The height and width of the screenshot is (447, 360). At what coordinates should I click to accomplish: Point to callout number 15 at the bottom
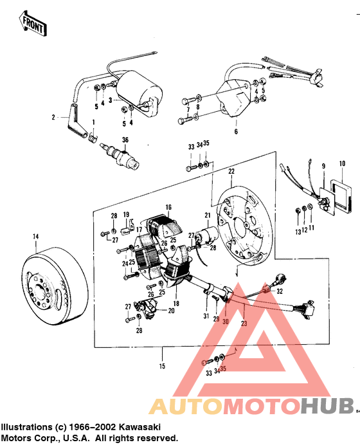(162, 366)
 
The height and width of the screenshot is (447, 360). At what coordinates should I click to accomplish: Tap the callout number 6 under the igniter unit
(235, 132)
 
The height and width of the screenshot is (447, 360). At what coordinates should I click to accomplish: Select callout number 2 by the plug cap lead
(55, 118)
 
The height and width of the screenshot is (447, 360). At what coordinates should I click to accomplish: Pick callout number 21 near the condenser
(208, 215)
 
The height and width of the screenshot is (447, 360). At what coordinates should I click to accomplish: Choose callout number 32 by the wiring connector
(279, 291)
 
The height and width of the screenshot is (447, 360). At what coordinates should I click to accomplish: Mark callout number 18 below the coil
(176, 302)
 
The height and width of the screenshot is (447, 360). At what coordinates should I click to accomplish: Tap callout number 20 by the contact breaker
(171, 310)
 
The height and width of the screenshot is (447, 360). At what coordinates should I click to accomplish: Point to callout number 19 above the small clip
(126, 214)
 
